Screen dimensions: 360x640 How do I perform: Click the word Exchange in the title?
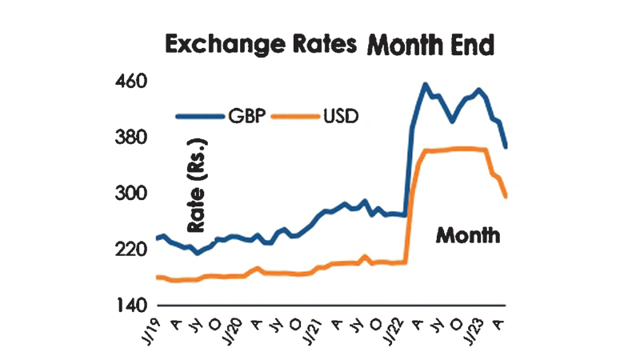pyautogui.click(x=215, y=45)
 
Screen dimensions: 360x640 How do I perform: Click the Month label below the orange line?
pyautogui.click(x=468, y=236)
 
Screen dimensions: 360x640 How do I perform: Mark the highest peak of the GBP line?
pyautogui.click(x=425, y=84)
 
